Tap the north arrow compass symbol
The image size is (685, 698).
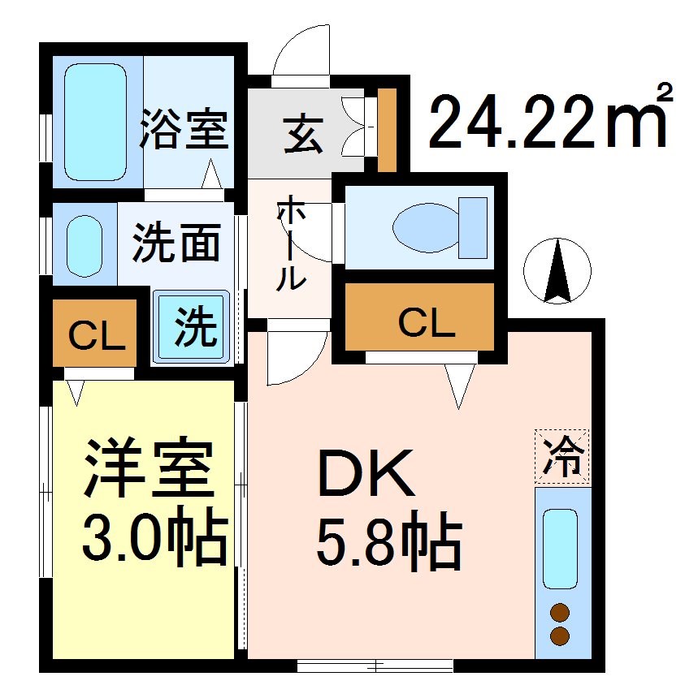[557, 271]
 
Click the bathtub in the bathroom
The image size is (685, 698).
[94, 122]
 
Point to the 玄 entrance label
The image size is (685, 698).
[303, 135]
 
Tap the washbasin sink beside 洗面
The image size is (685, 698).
[84, 244]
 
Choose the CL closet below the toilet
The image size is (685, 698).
[425, 323]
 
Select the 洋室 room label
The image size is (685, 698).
[148, 469]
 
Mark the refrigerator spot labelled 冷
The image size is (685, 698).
[561, 456]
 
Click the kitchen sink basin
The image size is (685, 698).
[560, 548]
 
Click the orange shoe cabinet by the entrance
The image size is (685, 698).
[388, 130]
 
